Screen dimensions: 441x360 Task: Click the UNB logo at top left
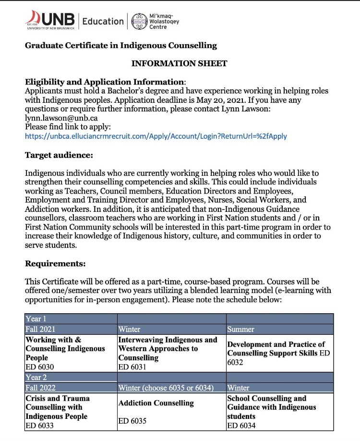[50, 21]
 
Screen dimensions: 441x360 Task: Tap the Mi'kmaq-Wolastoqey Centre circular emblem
[140, 21]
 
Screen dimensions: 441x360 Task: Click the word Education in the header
[103, 21]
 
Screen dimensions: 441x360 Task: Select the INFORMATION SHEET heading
[179, 63]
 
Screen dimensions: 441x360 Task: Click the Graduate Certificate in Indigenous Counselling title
[121, 46]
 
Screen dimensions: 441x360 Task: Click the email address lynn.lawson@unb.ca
[56, 117]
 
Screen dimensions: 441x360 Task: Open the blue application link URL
[156, 136]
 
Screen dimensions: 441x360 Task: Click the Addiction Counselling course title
[156, 403]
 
